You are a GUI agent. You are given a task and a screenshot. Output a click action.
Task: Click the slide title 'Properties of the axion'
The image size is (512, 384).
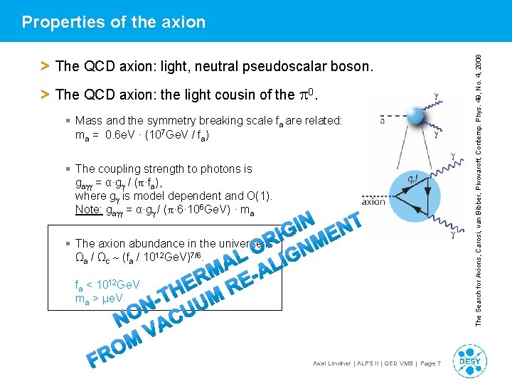pyautogui.click(x=114, y=22)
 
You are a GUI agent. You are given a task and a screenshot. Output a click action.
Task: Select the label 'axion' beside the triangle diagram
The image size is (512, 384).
pyautogui.click(x=373, y=201)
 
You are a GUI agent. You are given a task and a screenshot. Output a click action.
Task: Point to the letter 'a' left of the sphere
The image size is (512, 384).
pyautogui.click(x=383, y=122)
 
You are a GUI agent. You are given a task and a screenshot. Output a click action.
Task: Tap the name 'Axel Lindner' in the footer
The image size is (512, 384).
pyautogui.click(x=332, y=364)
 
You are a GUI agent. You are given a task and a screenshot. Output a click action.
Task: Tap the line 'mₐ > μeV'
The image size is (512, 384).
pyautogui.click(x=99, y=299)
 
